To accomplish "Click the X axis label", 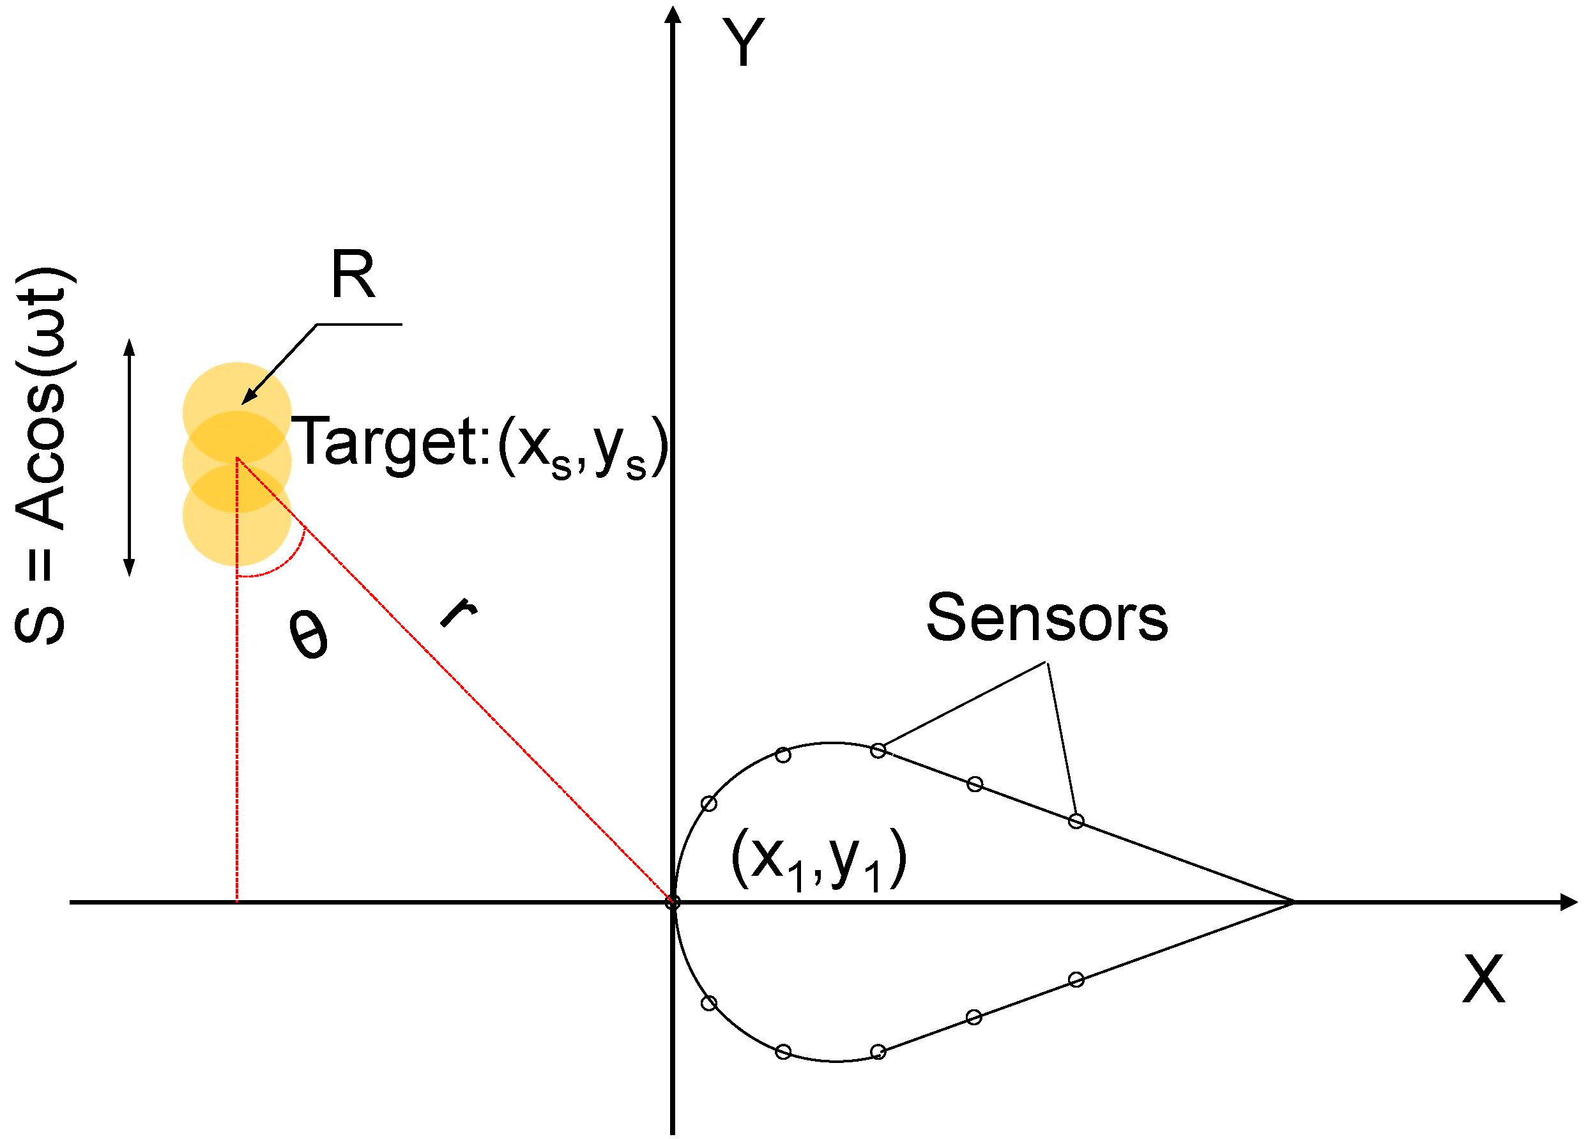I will tap(1483, 979).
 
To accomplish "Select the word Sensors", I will tap(1047, 618).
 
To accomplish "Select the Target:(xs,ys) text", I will tap(479, 445).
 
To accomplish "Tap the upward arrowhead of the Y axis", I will tap(672, 14).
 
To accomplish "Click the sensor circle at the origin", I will tap(672, 903).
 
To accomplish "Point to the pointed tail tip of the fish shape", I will tap(1292, 903).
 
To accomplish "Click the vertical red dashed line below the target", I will tap(238, 735).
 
